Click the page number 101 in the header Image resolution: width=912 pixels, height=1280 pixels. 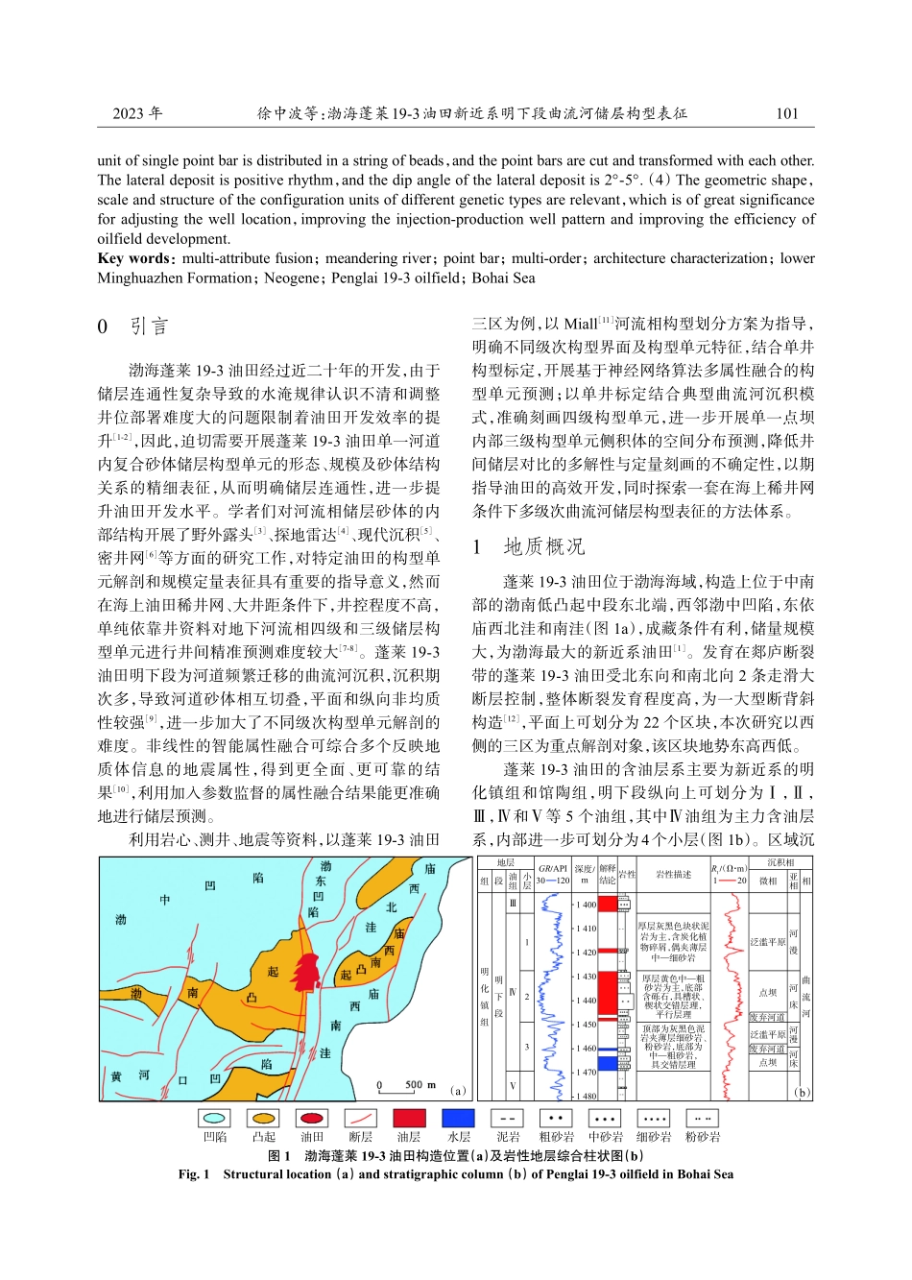pos(786,113)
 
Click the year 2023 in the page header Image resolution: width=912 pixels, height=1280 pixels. pos(137,113)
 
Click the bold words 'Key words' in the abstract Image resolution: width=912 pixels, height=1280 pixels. pos(133,258)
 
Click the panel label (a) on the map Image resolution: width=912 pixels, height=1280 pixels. pos(458,1090)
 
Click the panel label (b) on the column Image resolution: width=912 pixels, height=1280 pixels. pos(803,1092)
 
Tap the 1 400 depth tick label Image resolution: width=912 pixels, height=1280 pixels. pos(586,905)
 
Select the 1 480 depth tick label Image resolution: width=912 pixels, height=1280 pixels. pos(586,1096)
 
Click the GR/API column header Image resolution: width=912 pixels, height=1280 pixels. pos(553,868)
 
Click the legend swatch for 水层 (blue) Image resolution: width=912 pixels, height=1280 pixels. pos(458,1118)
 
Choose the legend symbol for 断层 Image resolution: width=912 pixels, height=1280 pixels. pos(360,1118)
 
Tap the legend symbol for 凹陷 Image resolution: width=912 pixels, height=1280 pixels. pos(215,1118)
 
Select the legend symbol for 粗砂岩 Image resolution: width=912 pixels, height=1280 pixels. pos(555,1118)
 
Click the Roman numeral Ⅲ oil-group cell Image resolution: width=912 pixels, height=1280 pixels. pos(513,903)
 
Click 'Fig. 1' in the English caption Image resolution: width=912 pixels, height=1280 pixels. pos(194,1173)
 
